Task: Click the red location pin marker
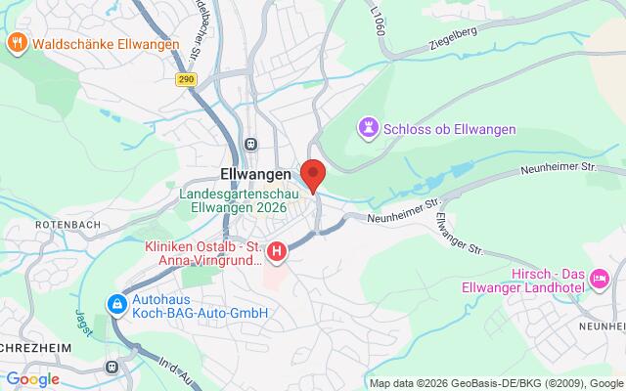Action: pos(313,174)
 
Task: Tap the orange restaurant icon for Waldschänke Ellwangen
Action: pos(16,43)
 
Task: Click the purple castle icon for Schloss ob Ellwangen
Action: pos(367,126)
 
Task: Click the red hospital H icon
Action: pos(278,253)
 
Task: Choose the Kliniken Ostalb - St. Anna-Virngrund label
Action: pos(204,253)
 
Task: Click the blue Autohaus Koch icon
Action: pos(117,304)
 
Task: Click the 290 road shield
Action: pos(187,80)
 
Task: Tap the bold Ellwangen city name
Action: pos(249,173)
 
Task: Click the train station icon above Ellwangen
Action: pos(251,143)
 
